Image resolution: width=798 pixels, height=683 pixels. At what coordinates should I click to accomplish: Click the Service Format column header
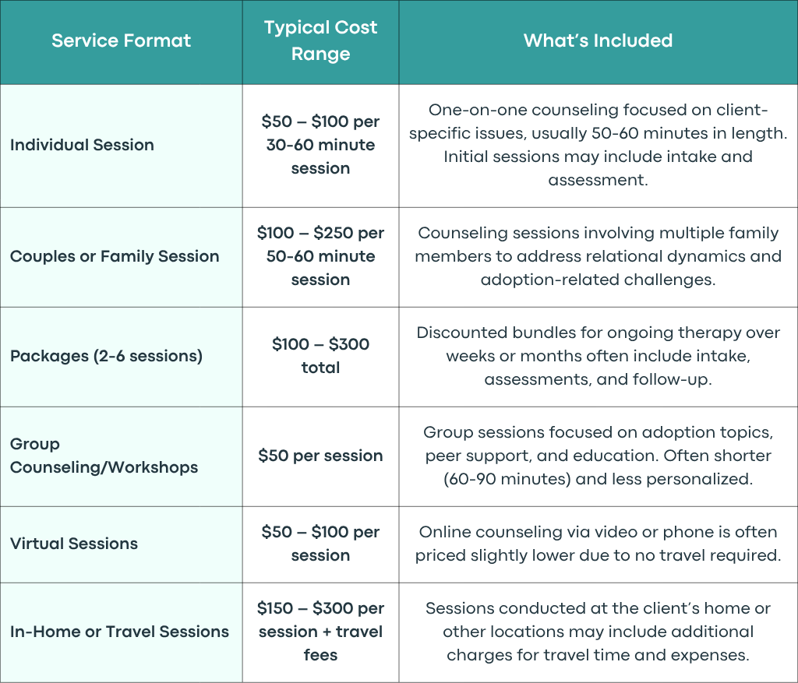point(121,40)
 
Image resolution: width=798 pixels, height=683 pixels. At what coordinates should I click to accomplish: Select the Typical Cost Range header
point(320,40)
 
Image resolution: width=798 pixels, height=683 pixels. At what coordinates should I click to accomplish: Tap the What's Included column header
point(598,40)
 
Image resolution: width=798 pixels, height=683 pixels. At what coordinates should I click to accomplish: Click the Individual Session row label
point(82,145)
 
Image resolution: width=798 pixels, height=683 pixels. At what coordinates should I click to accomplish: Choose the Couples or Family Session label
point(115,255)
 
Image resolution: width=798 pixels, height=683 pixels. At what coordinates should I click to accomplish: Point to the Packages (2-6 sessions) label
point(106,355)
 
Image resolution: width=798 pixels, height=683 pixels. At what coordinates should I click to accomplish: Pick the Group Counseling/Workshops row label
point(104,455)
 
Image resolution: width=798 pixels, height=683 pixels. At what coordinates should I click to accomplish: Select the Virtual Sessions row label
point(74,543)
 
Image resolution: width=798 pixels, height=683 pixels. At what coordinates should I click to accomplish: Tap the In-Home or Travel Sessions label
point(119,631)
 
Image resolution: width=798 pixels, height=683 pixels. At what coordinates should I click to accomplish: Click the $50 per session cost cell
point(320,455)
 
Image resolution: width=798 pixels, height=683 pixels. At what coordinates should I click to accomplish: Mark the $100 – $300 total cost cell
point(320,355)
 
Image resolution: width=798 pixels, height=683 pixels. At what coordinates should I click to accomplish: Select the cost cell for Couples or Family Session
point(320,255)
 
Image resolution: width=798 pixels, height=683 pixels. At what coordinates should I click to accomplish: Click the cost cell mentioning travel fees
point(320,631)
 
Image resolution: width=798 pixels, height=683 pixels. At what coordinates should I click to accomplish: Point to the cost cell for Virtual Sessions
point(320,543)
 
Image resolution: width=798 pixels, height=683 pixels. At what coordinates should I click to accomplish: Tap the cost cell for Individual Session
point(320,145)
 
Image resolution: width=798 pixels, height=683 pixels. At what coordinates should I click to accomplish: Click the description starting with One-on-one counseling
point(598,145)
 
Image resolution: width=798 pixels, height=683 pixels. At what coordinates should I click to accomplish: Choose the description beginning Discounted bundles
point(598,355)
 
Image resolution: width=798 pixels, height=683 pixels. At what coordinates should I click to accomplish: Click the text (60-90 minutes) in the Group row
point(507,478)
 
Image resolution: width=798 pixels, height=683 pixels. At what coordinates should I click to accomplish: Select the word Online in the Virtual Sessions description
point(441,531)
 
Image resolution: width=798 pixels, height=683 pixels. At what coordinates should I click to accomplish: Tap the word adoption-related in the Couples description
point(546,280)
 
